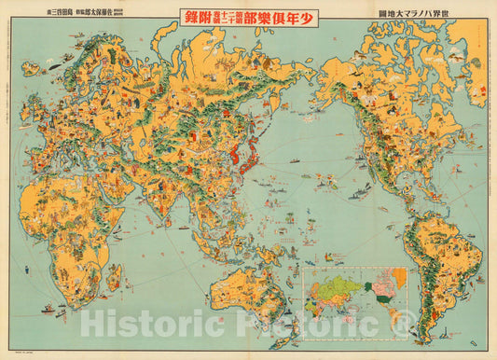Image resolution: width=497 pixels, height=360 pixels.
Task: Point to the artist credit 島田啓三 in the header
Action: click(42, 14)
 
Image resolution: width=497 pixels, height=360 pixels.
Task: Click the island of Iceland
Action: click(32, 67)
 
